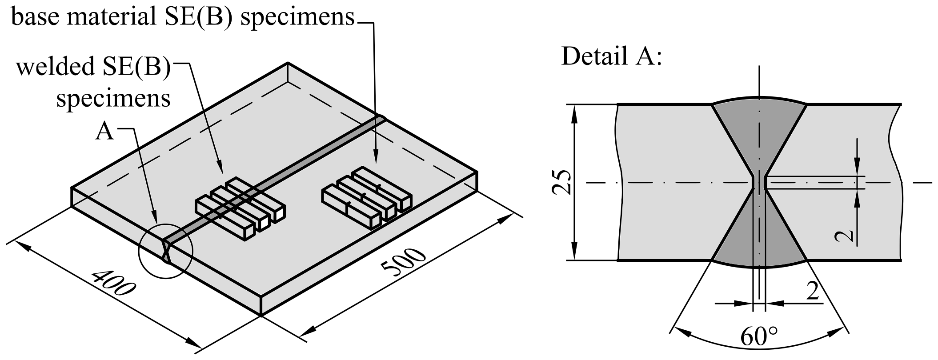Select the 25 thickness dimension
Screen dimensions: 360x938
click(561, 182)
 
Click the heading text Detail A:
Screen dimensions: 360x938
click(611, 57)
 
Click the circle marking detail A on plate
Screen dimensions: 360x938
click(165, 252)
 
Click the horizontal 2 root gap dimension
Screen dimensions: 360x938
click(813, 292)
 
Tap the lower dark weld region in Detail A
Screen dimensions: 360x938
click(759, 240)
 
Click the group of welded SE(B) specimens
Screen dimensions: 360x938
click(240, 209)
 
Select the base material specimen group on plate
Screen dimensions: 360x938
click(365, 198)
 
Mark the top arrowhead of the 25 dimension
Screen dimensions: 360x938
click(575, 111)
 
